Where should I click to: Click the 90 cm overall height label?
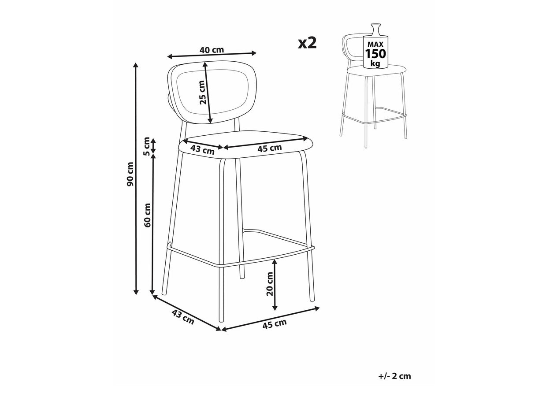[x=130, y=174]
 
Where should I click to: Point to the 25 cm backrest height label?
[x=203, y=93]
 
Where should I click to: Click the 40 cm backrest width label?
[x=212, y=50]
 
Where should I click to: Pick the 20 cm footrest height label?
[x=270, y=284]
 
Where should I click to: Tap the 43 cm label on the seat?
[x=202, y=149]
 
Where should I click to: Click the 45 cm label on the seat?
[x=270, y=148]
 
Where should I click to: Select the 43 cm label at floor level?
[x=183, y=317]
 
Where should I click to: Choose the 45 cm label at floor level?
[x=275, y=323]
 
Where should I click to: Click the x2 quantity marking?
[x=307, y=43]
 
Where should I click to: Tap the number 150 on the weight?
[x=375, y=54]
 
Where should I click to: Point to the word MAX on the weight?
[x=375, y=45]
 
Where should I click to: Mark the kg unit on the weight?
[x=375, y=64]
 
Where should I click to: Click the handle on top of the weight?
[x=375, y=29]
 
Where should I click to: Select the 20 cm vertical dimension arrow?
[x=275, y=285]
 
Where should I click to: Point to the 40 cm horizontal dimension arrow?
[x=212, y=55]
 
